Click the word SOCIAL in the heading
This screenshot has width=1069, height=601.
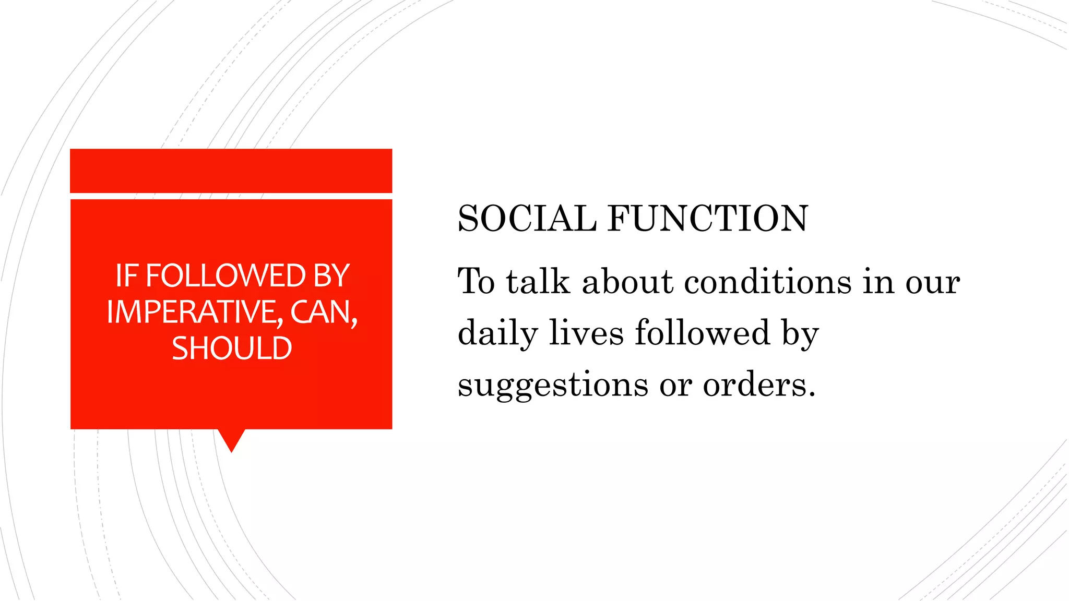527,218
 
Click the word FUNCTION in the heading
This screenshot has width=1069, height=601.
708,218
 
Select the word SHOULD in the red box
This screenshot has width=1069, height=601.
232,348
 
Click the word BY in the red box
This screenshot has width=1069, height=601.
331,275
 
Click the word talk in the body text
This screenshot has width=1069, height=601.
538,282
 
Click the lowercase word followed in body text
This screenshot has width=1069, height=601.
702,333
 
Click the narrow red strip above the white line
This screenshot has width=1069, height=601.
231,171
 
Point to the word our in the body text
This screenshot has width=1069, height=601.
932,282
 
